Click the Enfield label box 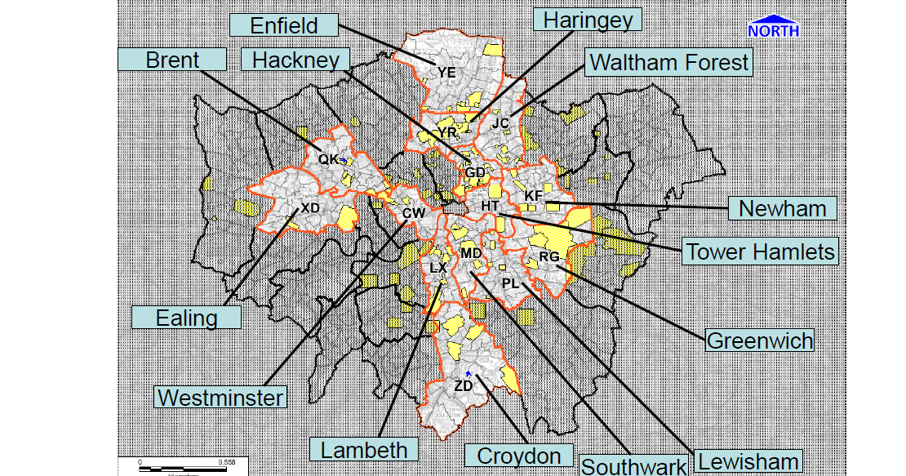284,24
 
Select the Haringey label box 588,19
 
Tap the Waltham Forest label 668,62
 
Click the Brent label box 172,60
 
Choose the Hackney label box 295,60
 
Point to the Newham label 782,209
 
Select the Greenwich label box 760,340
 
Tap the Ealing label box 187,317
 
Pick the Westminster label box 221,398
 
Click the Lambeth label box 364,448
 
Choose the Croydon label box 518,456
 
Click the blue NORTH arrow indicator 773,27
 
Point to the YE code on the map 446,73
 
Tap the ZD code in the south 463,385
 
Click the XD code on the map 310,207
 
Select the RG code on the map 549,257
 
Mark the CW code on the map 414,212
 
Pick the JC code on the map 500,123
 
